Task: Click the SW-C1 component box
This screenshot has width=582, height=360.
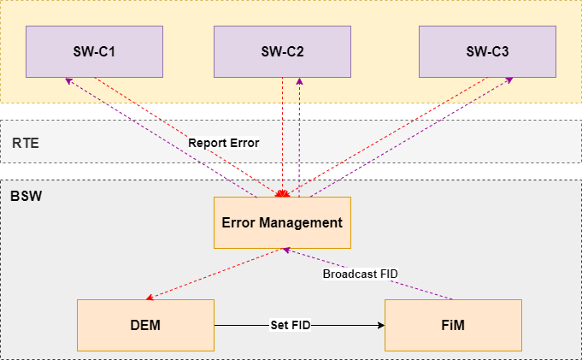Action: (x=94, y=51)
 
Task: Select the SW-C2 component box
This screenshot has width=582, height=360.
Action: (x=282, y=51)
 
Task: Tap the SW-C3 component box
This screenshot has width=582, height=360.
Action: (x=487, y=51)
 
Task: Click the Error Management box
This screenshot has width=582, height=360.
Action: (x=282, y=222)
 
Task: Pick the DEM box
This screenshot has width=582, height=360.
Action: (x=145, y=325)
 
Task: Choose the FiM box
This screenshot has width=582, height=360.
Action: (x=453, y=325)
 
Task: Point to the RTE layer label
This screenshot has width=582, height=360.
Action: (x=26, y=143)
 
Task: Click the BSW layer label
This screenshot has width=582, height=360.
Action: (x=26, y=196)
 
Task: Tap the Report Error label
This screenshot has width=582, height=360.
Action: (x=223, y=143)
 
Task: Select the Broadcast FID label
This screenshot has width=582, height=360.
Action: (x=360, y=274)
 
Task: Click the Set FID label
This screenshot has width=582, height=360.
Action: (x=290, y=325)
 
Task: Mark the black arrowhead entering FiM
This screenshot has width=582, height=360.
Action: (x=379, y=325)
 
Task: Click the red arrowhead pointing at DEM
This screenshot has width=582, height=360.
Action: (x=150, y=298)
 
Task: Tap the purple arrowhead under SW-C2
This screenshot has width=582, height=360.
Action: (x=299, y=80)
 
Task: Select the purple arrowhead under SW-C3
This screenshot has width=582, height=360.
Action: (x=510, y=80)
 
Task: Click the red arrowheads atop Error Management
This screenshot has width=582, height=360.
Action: (x=279, y=193)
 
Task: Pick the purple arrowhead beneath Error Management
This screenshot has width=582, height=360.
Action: (x=287, y=251)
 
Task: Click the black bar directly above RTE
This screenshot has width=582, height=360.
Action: (x=291, y=112)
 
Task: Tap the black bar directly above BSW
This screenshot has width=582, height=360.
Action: (x=291, y=172)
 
